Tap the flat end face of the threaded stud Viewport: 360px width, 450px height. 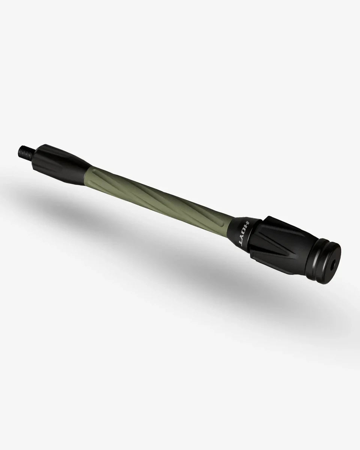(x=19, y=151)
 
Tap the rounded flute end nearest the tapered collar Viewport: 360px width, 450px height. (x=99, y=172)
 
